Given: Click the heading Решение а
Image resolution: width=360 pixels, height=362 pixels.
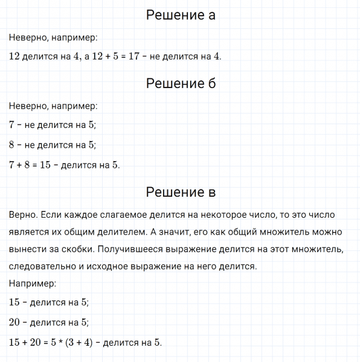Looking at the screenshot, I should (x=181, y=15).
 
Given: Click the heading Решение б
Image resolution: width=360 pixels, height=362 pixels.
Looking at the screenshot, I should (x=181, y=84).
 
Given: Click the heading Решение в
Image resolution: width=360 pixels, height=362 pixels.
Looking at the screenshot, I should (x=181, y=192).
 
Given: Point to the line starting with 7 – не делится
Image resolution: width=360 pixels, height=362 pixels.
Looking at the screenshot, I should (x=53, y=125).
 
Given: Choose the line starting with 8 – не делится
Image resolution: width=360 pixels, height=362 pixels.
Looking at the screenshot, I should (x=53, y=145).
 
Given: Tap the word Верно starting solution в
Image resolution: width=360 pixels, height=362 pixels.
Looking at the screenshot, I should (x=23, y=215).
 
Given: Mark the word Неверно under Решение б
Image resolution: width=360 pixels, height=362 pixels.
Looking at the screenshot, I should (x=28, y=106).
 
